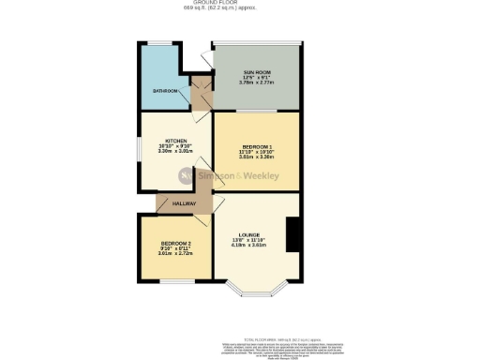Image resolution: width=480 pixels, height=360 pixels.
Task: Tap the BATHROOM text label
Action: coord(166,91)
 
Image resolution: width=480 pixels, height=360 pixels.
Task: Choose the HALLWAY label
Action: coord(183,203)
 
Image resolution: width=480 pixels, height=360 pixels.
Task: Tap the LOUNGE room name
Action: coord(248,234)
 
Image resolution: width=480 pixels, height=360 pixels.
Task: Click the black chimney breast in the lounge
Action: coord(293,234)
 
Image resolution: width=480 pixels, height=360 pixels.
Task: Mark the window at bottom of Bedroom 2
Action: coord(175,279)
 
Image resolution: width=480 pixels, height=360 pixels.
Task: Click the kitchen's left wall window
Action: coord(141,150)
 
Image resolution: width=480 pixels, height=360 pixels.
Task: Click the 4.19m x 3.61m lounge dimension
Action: coord(248,247)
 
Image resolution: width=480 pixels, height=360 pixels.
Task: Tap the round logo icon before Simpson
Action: coord(186,174)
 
